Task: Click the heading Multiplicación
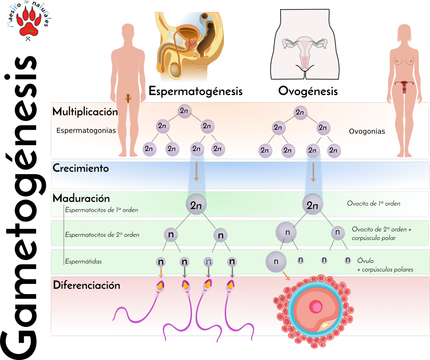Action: [x=85, y=112]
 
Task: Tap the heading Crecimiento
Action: [x=81, y=168]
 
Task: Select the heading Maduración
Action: [x=81, y=199]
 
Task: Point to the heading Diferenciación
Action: [x=87, y=285]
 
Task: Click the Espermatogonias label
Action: [x=86, y=131]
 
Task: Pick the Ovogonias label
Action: [x=367, y=131]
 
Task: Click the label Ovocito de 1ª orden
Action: [x=374, y=203]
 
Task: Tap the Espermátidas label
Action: [x=83, y=262]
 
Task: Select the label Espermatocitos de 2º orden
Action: [x=102, y=235]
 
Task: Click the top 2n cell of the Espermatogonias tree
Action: [x=184, y=111]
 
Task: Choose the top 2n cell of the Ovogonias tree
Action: [x=300, y=112]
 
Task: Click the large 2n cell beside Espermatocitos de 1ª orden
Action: [x=196, y=205]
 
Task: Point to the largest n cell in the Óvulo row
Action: [x=276, y=262]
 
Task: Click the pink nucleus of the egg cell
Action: [x=316, y=306]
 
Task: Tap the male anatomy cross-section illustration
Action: [x=189, y=46]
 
